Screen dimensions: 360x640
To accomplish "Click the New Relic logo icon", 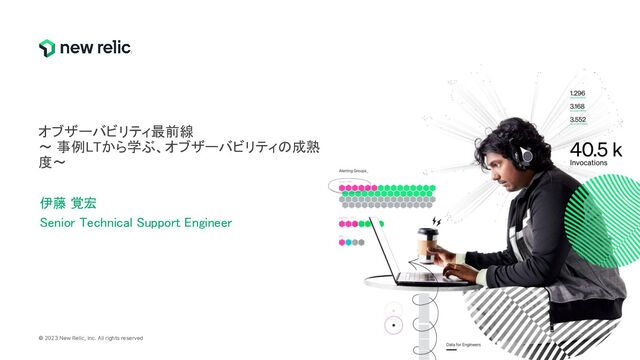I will click(x=47, y=48).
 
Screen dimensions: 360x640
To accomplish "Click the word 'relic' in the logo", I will click(x=110, y=47).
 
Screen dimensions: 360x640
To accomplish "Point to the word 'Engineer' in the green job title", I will click(x=204, y=222).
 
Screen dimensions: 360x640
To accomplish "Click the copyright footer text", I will click(x=91, y=338).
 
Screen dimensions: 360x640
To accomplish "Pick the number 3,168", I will click(x=577, y=106).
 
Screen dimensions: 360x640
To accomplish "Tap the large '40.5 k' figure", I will click(x=595, y=148).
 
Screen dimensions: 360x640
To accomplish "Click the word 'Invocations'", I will click(x=589, y=162).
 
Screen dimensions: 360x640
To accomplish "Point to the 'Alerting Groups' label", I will click(x=354, y=172).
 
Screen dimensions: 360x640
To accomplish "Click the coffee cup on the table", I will click(x=427, y=244).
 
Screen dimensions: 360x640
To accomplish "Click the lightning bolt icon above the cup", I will click(x=435, y=221).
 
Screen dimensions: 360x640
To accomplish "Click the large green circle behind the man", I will click(x=610, y=205).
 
